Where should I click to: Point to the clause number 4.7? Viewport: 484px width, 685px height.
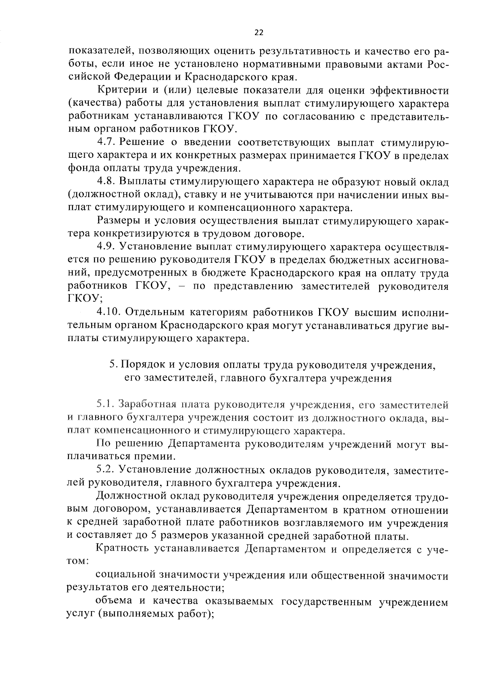coord(107,142)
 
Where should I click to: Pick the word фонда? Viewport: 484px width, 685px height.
coord(79,168)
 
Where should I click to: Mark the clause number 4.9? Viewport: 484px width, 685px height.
coord(107,247)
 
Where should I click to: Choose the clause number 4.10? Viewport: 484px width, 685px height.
coord(110,312)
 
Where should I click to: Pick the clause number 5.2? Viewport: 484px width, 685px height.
coord(106,470)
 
